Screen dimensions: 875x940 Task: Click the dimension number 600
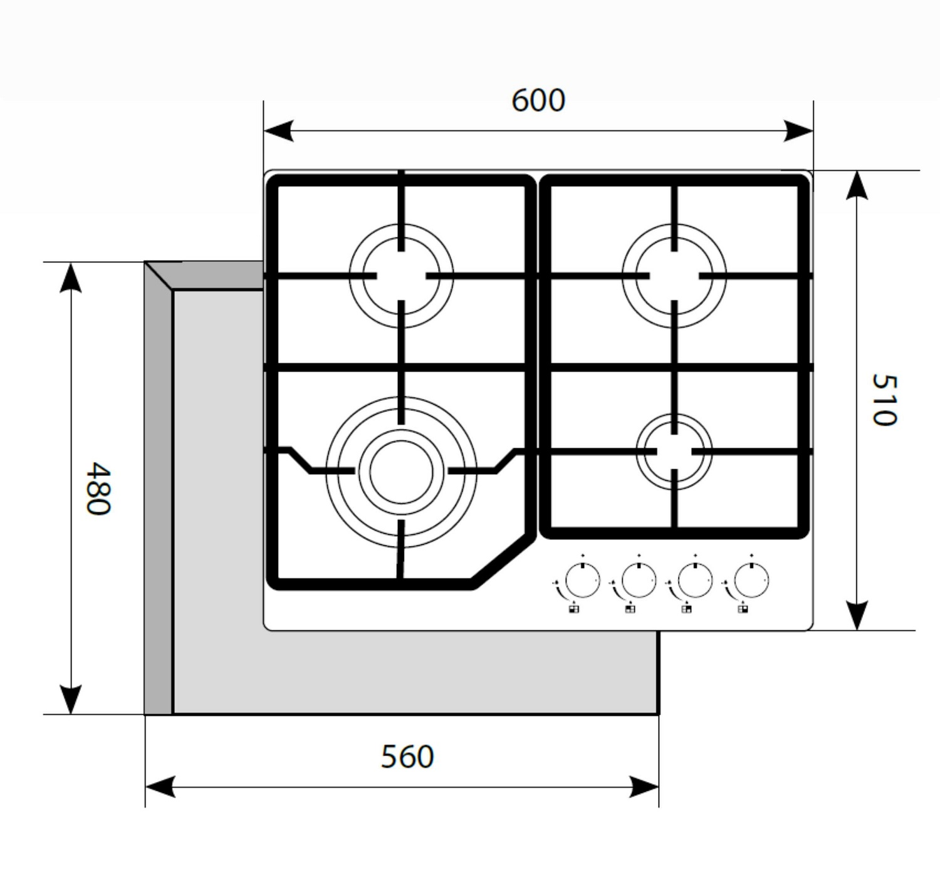click(x=538, y=101)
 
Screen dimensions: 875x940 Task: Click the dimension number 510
click(x=884, y=400)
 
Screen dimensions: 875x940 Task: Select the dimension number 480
click(x=98, y=489)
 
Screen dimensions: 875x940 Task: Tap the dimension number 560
click(x=407, y=757)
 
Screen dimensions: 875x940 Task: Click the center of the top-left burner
click(x=401, y=276)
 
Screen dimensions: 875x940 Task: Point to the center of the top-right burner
click(x=674, y=276)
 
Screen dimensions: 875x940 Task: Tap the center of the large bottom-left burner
click(x=401, y=472)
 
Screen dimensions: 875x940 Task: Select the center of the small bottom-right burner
click(x=674, y=452)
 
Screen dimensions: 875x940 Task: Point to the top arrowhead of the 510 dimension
click(x=857, y=185)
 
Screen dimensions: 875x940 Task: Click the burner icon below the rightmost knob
click(x=743, y=609)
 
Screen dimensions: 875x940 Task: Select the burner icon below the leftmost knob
click(x=574, y=609)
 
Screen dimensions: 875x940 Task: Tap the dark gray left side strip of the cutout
click(x=158, y=501)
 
